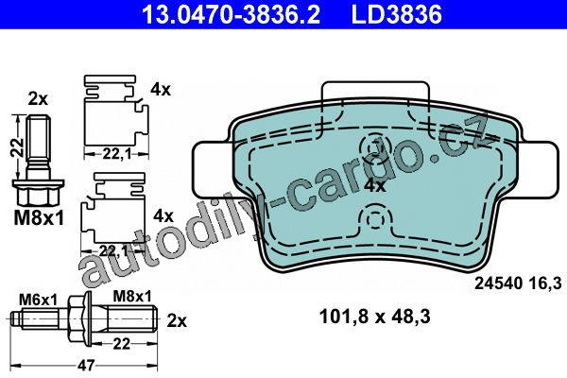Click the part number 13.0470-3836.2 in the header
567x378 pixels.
click(x=232, y=14)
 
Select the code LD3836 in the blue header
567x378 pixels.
click(x=397, y=14)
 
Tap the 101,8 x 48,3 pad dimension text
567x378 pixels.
click(x=375, y=317)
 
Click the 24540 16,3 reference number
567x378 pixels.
click(x=518, y=283)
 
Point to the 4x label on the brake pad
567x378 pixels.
click(x=375, y=186)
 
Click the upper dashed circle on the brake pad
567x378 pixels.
click(x=375, y=148)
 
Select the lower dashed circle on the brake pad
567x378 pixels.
click(x=375, y=219)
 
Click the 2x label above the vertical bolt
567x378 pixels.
click(x=38, y=98)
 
